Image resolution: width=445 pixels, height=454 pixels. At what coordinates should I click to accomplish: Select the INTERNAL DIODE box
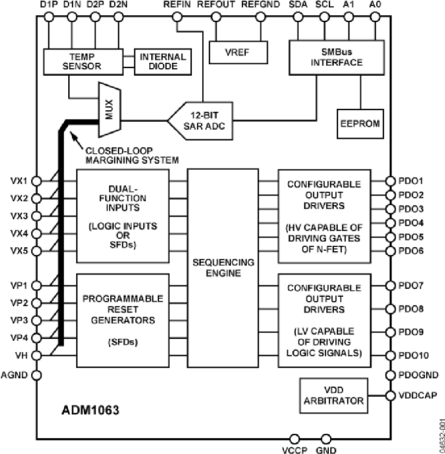point(162,61)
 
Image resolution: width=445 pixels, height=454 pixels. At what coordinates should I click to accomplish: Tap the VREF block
point(238,52)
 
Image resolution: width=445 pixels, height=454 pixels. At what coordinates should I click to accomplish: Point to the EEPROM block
point(360,123)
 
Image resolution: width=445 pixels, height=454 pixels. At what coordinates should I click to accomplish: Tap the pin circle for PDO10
point(390,355)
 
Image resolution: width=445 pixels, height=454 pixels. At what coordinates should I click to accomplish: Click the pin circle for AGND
point(36,374)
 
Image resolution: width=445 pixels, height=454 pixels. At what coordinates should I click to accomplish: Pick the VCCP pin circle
point(295,439)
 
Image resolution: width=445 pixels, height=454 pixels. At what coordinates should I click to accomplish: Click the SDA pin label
point(297,5)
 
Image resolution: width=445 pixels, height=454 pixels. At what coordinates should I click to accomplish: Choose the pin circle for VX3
point(36,216)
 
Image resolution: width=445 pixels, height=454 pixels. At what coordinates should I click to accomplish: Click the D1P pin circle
point(48,17)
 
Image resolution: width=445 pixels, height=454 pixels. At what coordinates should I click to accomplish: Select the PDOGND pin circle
point(390,375)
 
